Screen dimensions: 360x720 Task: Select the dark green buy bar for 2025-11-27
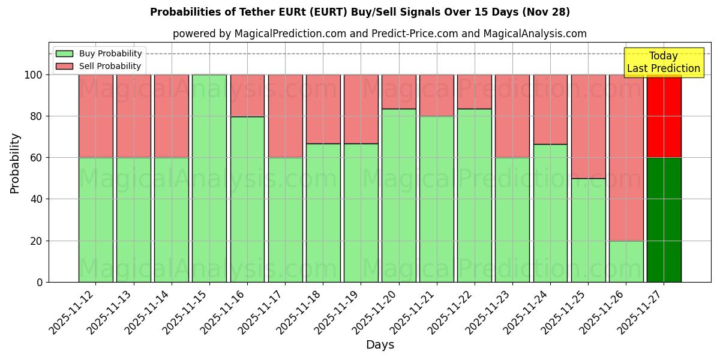[664, 220]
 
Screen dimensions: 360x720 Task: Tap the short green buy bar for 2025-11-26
[626, 261]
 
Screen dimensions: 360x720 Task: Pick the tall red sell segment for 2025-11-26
[626, 157]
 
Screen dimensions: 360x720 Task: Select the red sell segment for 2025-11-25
[588, 126]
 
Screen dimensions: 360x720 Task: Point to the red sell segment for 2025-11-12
[95, 116]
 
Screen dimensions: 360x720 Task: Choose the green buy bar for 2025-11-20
[398, 195]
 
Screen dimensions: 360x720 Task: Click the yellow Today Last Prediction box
[663, 62]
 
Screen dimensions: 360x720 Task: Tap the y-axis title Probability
[15, 163]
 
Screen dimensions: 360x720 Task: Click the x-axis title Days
[380, 345]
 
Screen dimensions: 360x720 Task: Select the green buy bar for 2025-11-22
[474, 195]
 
